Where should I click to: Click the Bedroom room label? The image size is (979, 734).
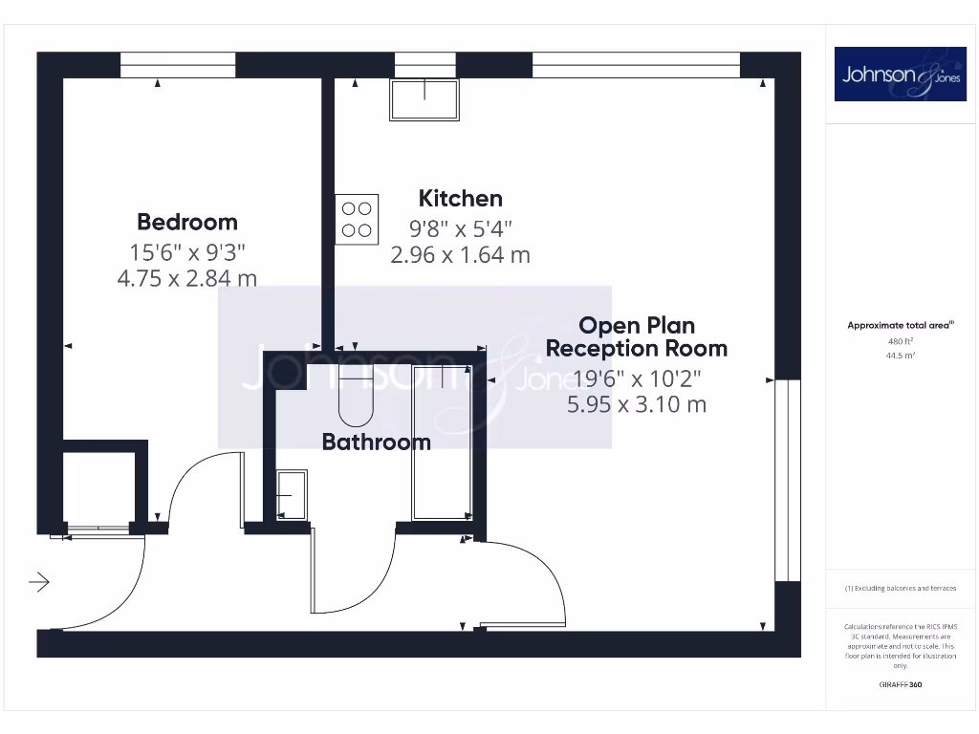(187, 222)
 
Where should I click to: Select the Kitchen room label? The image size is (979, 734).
(460, 199)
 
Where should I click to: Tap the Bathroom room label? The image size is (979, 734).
(376, 442)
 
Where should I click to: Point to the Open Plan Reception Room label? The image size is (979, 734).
(636, 337)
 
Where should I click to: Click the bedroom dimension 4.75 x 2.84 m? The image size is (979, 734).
(187, 278)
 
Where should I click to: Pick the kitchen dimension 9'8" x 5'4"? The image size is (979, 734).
(460, 229)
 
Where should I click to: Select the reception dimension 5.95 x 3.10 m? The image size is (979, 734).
(636, 404)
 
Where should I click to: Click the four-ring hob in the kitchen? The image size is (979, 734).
(357, 219)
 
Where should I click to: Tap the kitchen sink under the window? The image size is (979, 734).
(424, 99)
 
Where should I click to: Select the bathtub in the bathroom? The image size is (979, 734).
(441, 442)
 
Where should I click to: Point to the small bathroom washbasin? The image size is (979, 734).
(291, 494)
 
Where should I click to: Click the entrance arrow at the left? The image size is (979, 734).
(39, 581)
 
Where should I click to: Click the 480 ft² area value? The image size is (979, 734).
(901, 341)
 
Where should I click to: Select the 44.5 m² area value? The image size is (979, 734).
(901, 356)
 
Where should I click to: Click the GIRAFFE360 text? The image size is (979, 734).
(901, 684)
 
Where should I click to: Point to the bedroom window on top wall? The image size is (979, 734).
(178, 65)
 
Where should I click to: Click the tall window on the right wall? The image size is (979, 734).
(787, 480)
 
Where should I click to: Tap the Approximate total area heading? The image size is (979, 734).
(901, 326)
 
